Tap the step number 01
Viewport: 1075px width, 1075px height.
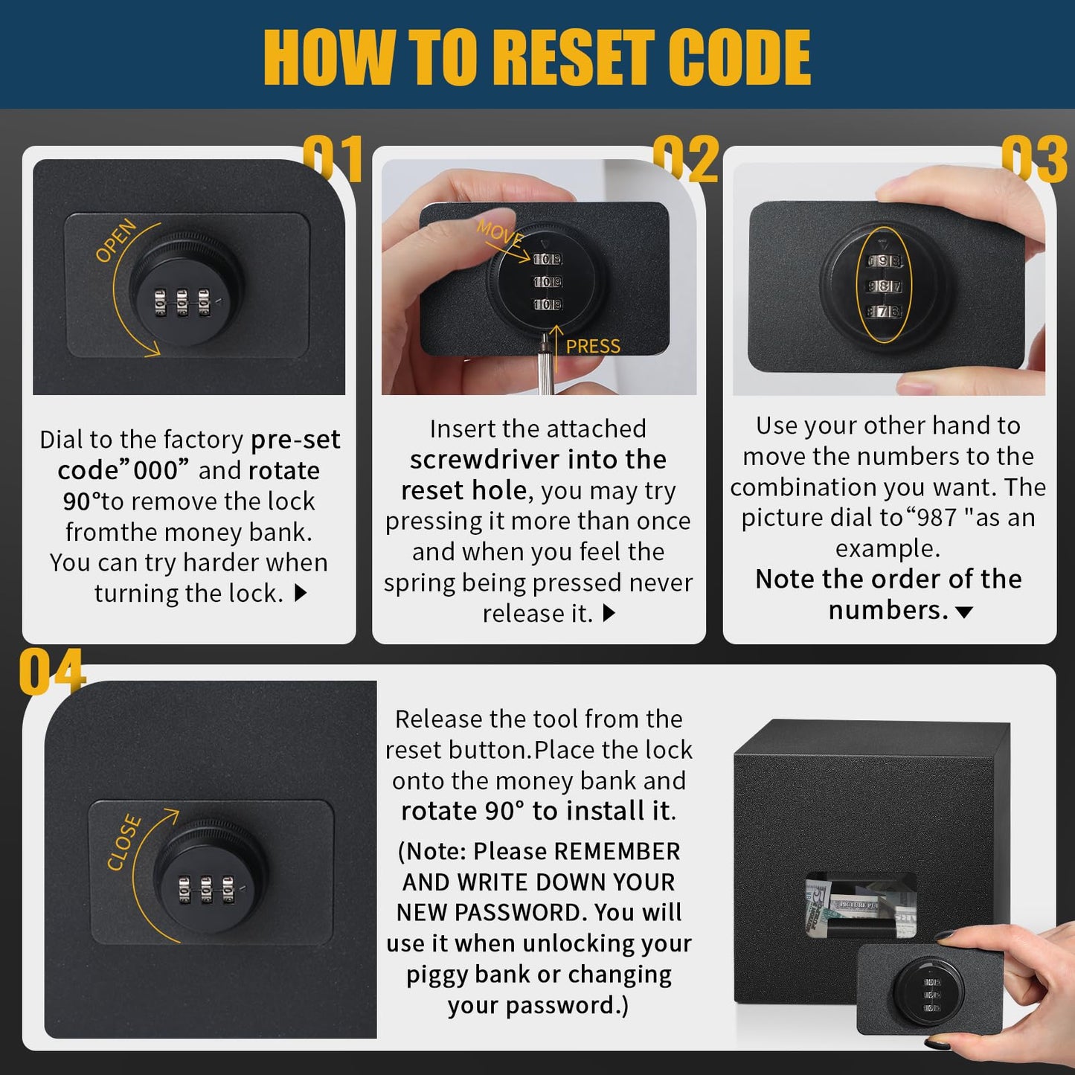[333, 158]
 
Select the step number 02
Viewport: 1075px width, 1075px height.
[686, 158]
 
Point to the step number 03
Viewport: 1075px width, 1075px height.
[1034, 158]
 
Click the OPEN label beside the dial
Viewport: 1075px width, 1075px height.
[115, 240]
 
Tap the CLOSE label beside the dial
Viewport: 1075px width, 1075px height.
[123, 842]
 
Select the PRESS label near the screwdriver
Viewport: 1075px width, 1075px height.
[593, 347]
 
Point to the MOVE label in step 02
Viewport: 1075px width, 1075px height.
[499, 233]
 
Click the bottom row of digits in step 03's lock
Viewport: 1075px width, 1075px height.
[884, 311]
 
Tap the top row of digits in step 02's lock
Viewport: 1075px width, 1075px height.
[548, 260]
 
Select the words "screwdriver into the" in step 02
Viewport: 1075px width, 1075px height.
[538, 460]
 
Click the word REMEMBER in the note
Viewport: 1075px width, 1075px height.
[617, 851]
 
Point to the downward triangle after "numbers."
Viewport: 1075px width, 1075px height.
[964, 612]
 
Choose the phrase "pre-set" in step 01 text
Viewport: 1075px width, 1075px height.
[295, 440]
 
